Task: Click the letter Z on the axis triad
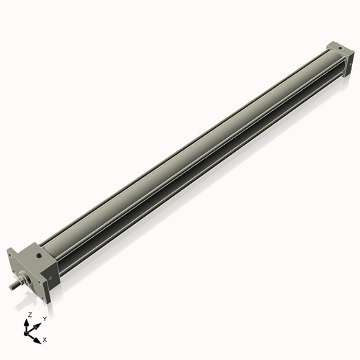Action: click(30, 315)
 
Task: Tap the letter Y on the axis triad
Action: click(45, 318)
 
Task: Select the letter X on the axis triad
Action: click(45, 338)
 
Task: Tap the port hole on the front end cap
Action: click(35, 253)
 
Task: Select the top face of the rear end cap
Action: click(339, 47)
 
